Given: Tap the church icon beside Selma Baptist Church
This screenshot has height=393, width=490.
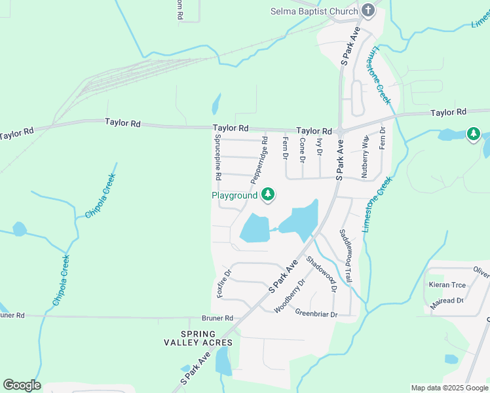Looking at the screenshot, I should point(369,10).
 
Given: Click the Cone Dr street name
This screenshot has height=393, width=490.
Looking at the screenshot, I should point(302,150).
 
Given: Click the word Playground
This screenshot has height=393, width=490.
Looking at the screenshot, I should point(235,195).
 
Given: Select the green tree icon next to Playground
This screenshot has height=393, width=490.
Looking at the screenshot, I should point(267,194).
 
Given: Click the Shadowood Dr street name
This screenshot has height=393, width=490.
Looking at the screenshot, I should point(322,274).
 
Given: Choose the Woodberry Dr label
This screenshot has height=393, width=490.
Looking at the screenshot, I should point(290,296).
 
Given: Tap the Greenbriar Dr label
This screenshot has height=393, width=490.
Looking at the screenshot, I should point(316,314).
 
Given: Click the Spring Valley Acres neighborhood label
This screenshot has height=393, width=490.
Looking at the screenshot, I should point(198,338).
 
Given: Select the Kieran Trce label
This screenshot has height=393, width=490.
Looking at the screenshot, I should point(447,285).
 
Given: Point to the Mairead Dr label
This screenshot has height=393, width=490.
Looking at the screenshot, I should point(447,301).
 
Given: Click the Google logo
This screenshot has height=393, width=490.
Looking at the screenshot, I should point(22,385).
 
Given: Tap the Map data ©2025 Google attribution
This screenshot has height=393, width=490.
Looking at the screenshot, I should point(449,388).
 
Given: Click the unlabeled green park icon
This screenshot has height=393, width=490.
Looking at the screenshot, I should point(473,134).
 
